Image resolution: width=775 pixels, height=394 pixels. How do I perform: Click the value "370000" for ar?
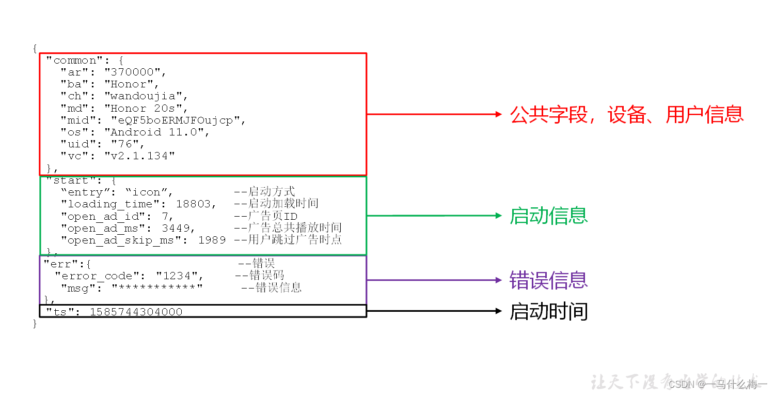pos(135,72)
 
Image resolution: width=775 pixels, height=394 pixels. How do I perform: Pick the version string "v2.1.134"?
pos(140,156)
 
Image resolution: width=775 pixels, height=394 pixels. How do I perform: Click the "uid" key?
pos(75,144)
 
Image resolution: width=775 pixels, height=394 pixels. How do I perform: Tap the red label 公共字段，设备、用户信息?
pos(627,114)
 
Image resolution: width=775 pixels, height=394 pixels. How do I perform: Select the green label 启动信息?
pos(549,216)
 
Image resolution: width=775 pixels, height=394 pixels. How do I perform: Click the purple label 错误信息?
pos(549,280)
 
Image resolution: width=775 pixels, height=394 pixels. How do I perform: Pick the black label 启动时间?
pos(549,311)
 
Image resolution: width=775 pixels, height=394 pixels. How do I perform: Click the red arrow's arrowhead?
pos(498,114)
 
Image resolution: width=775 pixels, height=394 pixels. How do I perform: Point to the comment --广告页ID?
pos(266,216)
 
